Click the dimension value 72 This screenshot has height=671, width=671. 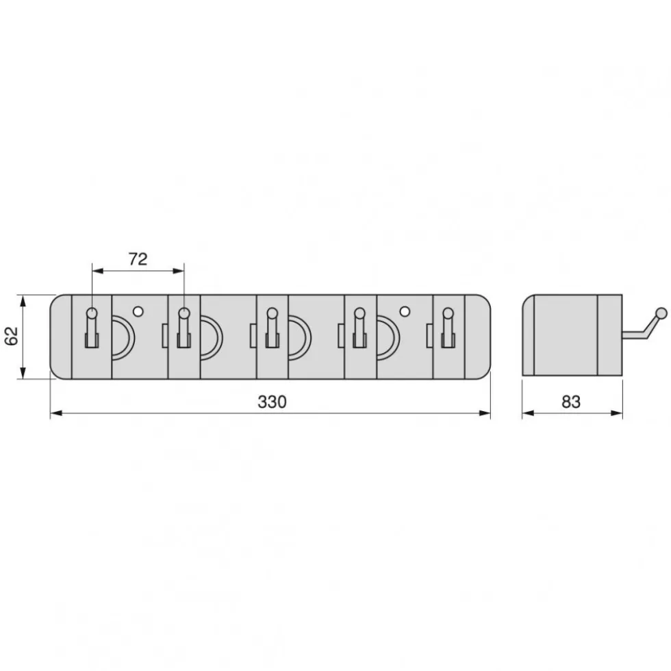coord(138,259)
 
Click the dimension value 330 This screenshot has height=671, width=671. coord(272,402)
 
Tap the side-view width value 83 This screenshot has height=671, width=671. coord(571,402)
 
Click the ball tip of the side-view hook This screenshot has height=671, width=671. coord(661,313)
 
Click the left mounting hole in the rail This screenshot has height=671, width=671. coord(138,311)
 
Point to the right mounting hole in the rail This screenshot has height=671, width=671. coord(404,311)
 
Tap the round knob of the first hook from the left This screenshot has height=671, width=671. coord(92,313)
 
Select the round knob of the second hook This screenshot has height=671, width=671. coord(183,313)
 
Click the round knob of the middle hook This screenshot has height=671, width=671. coord(272,313)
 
